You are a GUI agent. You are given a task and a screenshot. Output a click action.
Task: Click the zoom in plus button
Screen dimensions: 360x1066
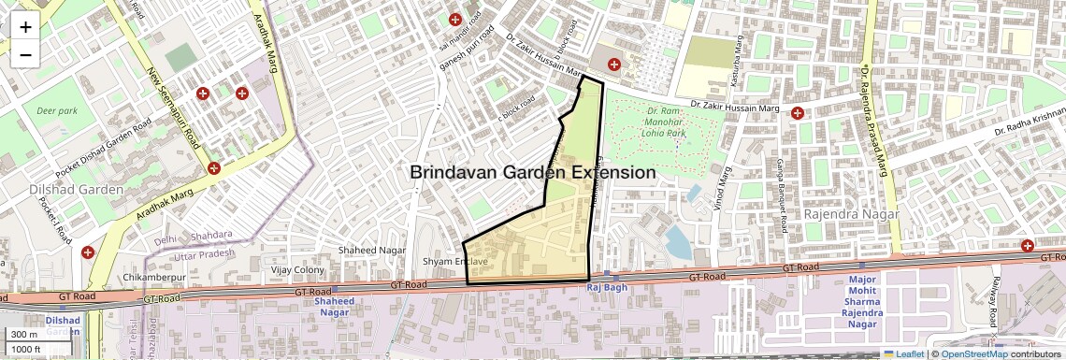tap(25, 26)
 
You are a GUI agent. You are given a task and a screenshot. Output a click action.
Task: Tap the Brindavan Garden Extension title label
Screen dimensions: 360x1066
tap(532, 173)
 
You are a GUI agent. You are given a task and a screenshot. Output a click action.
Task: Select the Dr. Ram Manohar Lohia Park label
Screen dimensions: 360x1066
tap(666, 122)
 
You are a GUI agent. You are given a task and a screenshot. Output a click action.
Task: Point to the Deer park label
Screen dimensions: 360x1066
tap(56, 110)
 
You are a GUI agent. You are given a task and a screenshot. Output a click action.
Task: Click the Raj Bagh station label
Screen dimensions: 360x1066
tap(605, 287)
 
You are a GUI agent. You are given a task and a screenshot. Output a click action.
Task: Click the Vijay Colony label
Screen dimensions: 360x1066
tap(296, 270)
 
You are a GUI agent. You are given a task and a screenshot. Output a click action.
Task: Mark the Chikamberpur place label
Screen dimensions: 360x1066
tap(154, 279)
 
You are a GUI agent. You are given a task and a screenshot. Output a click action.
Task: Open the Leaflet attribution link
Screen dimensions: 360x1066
tap(903, 353)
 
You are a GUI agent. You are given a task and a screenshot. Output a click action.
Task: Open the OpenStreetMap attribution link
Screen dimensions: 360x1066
tap(973, 353)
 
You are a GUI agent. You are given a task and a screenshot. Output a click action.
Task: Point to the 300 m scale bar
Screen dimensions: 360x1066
tap(26, 335)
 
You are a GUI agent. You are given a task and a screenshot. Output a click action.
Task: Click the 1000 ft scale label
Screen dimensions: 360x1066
tap(27, 349)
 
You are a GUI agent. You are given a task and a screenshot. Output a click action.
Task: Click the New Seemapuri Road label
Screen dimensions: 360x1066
tap(173, 108)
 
